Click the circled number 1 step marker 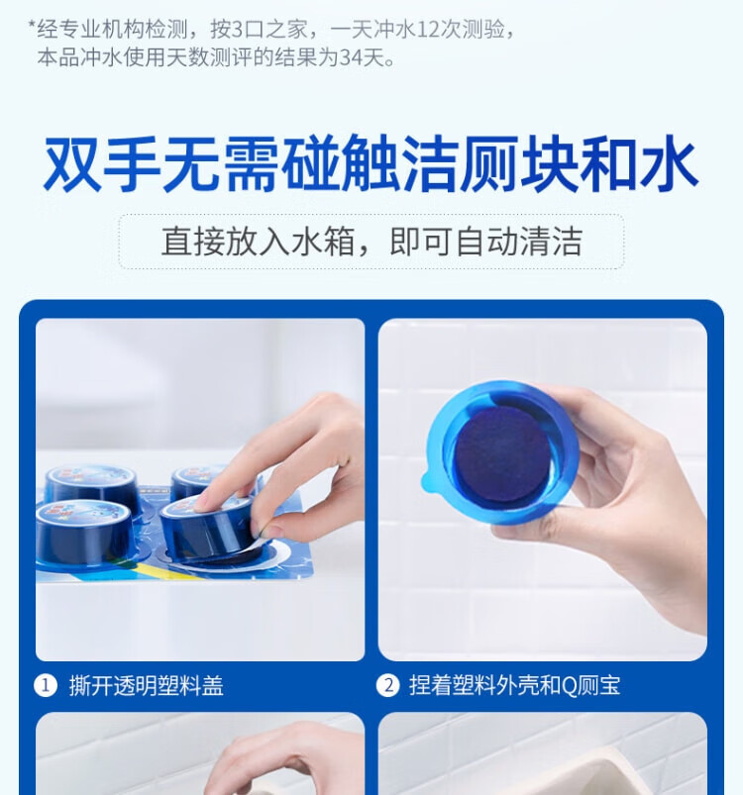[x=46, y=686]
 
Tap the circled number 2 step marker [x=388, y=685]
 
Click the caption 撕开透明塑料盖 [x=147, y=686]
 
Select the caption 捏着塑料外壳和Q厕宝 [x=515, y=685]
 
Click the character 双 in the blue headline [x=72, y=163]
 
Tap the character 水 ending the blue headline [x=669, y=163]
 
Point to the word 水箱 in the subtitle [x=323, y=242]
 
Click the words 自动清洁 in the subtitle [x=519, y=242]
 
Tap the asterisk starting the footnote [x=32, y=26]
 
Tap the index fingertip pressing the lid [x=204, y=501]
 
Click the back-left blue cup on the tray [x=91, y=483]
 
